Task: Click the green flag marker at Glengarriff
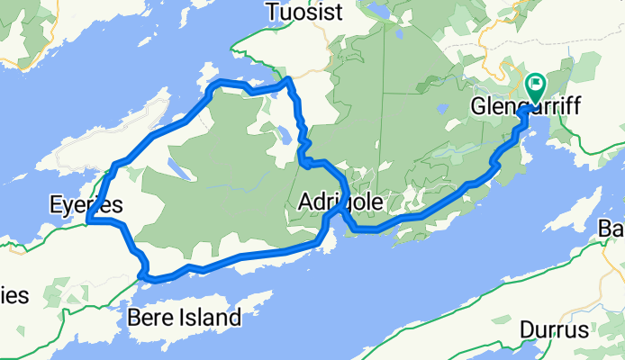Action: click(x=535, y=85)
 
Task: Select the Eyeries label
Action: click(x=86, y=206)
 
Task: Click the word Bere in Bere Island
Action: click(x=147, y=317)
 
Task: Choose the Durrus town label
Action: click(x=554, y=331)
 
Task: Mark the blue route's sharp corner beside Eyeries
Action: click(x=88, y=220)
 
